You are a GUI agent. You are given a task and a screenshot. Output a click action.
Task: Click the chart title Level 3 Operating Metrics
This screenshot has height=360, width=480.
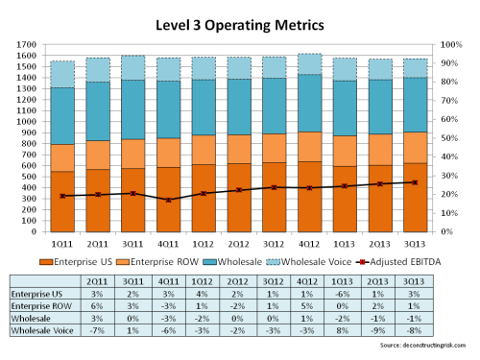(x=239, y=20)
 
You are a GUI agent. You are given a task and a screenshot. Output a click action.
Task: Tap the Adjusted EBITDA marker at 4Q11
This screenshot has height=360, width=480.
(x=169, y=200)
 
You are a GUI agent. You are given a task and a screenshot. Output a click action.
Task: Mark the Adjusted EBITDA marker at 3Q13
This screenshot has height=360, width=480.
(x=415, y=182)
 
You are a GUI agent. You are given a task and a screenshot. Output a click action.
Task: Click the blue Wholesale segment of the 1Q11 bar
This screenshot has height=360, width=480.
(x=62, y=116)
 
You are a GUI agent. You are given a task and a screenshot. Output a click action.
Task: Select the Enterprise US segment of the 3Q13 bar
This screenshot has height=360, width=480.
(x=415, y=197)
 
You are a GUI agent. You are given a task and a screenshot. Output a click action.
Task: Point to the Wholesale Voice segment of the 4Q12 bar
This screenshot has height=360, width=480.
(x=311, y=64)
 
